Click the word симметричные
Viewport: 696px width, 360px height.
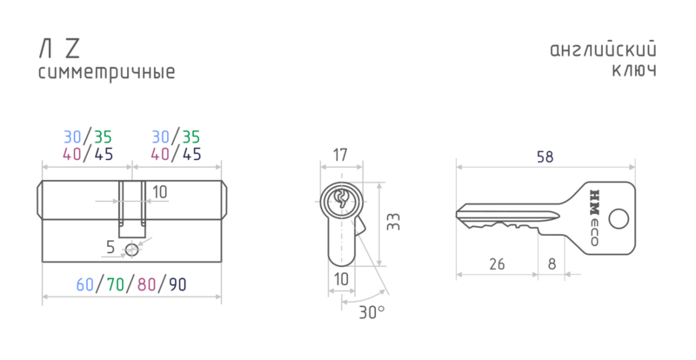click(106, 72)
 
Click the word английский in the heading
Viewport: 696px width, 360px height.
click(603, 50)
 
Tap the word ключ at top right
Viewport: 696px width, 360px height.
click(634, 70)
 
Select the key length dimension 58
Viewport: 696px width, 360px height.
click(545, 157)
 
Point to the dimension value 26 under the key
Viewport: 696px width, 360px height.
click(497, 264)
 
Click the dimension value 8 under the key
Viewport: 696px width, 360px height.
click(552, 264)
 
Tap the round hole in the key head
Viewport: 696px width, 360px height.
click(619, 219)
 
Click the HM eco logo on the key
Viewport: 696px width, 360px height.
click(594, 217)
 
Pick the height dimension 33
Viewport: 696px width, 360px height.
click(393, 222)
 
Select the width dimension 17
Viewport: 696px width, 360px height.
click(340, 156)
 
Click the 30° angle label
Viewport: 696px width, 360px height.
click(372, 312)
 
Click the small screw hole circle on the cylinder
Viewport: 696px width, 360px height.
click(131, 250)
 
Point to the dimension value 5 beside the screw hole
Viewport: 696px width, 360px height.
click(110, 247)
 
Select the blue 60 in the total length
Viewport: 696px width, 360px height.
click(85, 284)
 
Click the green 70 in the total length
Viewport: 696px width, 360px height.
click(116, 284)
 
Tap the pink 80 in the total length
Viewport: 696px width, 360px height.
click(146, 284)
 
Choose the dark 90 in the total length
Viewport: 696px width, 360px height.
click(177, 284)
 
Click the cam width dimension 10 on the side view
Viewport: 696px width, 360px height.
click(160, 192)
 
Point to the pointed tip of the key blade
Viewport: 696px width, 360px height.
click(457, 215)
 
